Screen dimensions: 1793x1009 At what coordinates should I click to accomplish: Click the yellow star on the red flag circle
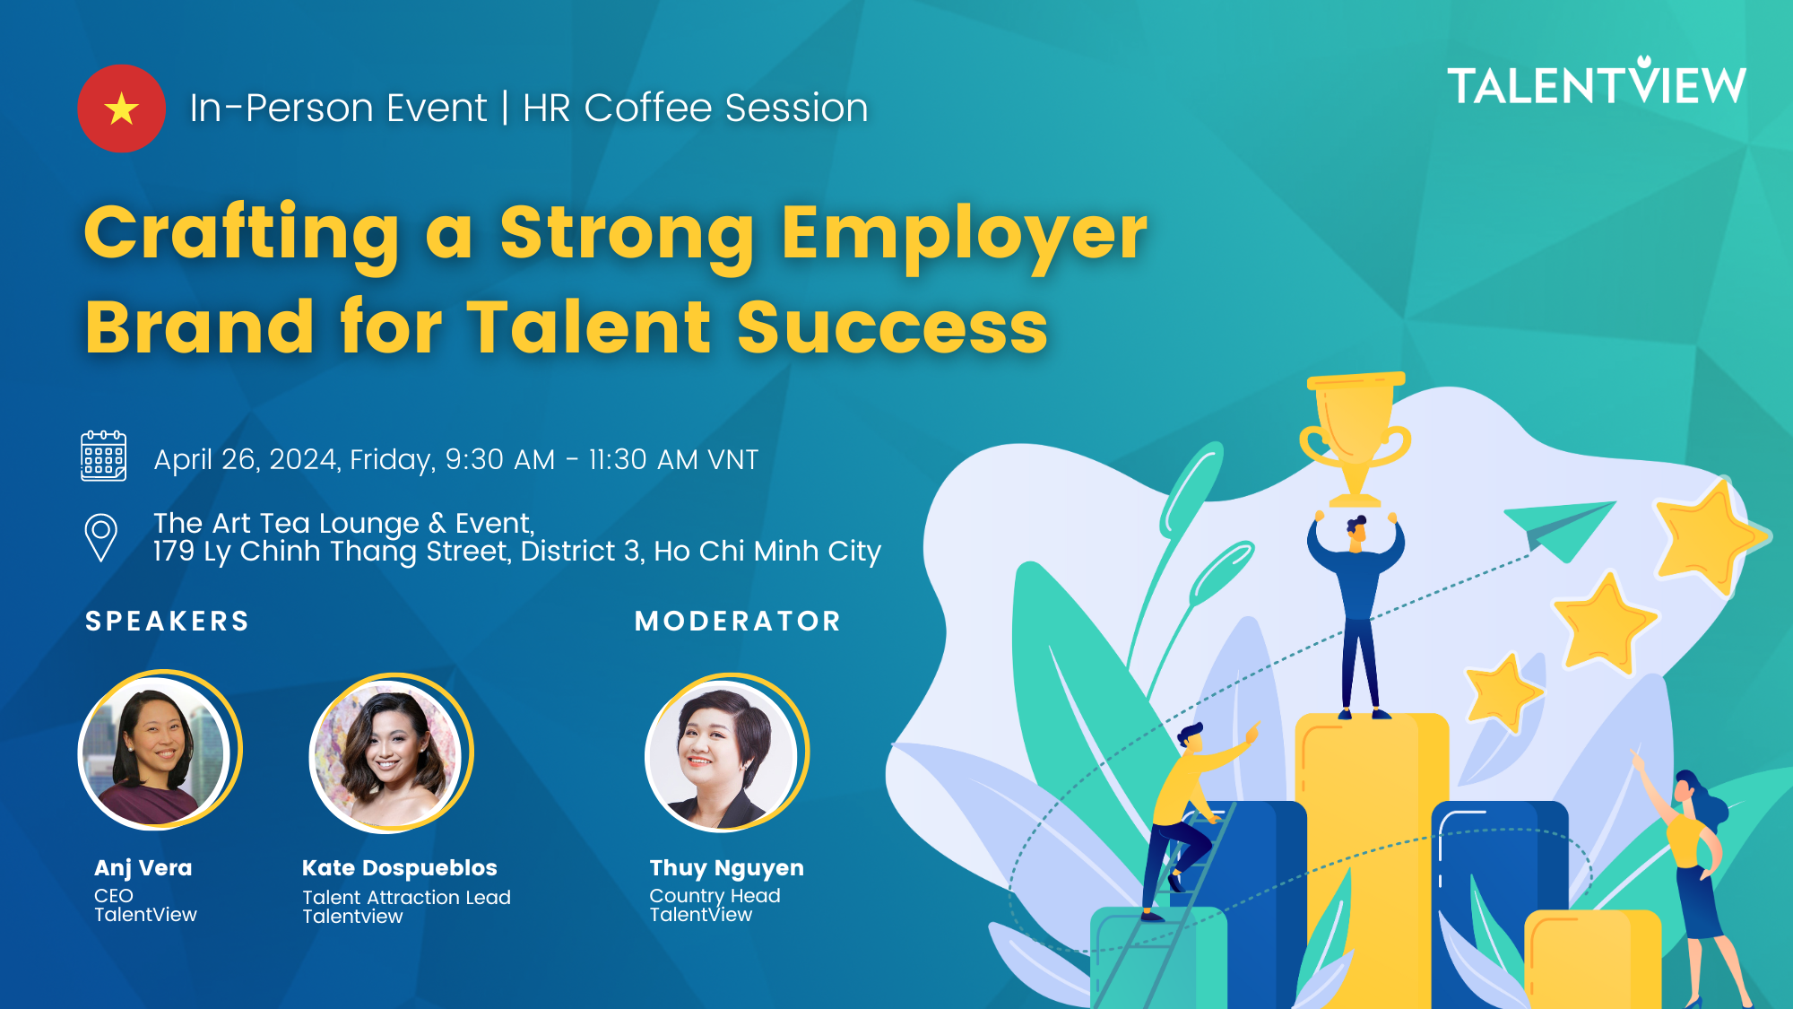point(121,109)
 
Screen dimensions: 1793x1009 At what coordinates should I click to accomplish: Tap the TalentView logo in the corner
point(1597,82)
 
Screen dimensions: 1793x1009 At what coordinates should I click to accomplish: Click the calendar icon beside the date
point(104,456)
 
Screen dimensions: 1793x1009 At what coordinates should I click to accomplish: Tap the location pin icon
point(100,537)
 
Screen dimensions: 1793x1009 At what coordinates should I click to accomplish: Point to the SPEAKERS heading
point(168,621)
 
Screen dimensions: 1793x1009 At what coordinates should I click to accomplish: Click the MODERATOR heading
point(738,621)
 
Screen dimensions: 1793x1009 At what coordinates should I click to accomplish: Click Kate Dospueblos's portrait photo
point(390,752)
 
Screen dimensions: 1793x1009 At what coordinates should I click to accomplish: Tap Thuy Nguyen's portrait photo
point(726,752)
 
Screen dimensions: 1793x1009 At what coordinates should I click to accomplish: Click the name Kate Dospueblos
point(399,867)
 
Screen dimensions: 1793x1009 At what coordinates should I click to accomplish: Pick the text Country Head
point(715,895)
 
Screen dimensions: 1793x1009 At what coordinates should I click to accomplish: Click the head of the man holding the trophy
point(1356,530)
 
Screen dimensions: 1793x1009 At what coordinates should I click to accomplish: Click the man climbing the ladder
point(1192,816)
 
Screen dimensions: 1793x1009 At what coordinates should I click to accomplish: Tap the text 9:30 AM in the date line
point(500,459)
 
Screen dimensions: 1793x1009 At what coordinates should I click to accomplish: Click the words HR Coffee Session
point(696,108)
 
